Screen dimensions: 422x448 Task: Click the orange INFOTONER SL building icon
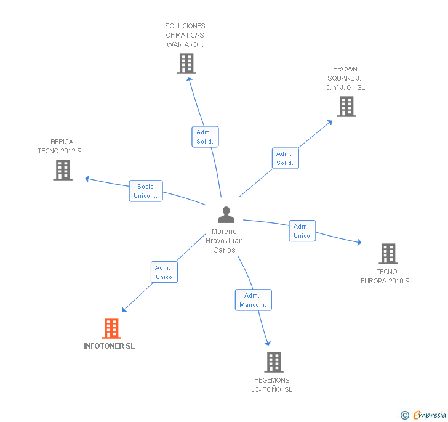(x=111, y=328)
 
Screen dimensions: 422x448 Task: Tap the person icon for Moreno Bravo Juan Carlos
(x=226, y=215)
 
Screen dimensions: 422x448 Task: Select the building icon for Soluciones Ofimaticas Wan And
(x=186, y=63)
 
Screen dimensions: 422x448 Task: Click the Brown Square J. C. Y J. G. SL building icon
(x=346, y=107)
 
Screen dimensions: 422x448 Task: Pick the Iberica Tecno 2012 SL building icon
(x=63, y=170)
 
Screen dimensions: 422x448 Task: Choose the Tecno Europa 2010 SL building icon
(x=388, y=253)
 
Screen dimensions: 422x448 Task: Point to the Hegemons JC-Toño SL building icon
(x=274, y=362)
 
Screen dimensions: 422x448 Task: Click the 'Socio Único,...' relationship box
(x=146, y=191)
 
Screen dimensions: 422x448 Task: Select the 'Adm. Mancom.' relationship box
(x=253, y=300)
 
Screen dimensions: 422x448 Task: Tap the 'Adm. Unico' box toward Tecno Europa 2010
(x=302, y=231)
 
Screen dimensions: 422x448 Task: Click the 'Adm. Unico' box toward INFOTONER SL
(x=164, y=272)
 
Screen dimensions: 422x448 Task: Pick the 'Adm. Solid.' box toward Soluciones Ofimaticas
(x=205, y=137)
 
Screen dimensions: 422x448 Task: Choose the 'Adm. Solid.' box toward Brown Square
(x=285, y=158)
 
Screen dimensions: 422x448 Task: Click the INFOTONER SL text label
(x=110, y=346)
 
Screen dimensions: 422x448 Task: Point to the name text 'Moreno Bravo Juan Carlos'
(x=224, y=241)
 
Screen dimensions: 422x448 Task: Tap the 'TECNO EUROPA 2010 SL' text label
(x=386, y=277)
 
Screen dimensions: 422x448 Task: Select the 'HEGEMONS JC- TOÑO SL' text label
(x=272, y=385)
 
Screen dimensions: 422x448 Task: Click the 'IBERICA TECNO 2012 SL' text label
(x=62, y=147)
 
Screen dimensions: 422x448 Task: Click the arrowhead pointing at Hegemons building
(x=268, y=343)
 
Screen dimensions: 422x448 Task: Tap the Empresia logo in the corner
(x=424, y=415)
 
